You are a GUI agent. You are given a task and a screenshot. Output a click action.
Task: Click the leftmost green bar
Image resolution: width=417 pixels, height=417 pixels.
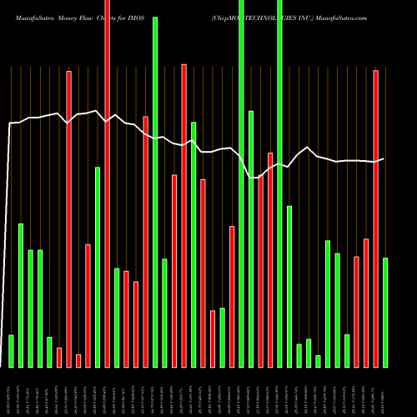point(11,351)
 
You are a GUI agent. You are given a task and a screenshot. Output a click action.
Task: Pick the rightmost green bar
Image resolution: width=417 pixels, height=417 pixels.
point(385,313)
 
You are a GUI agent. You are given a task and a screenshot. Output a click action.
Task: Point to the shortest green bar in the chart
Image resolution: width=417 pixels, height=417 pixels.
point(318,361)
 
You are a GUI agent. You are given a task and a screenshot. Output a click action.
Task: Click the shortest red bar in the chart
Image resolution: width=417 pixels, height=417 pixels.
point(78,360)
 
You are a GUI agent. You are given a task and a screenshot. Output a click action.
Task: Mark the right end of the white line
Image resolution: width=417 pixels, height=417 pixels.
point(384,158)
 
